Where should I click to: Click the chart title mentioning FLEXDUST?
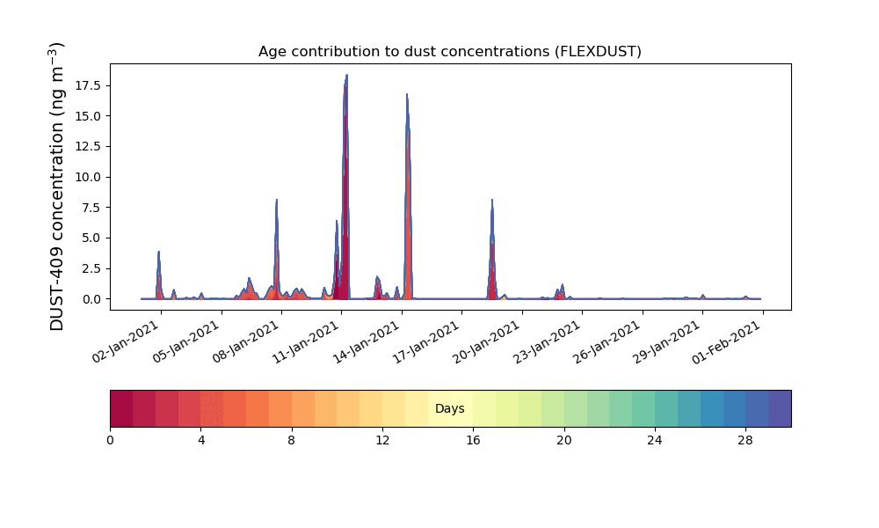449,51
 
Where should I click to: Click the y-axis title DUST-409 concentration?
57,186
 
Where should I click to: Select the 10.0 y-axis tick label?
88,177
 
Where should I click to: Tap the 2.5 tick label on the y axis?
91,268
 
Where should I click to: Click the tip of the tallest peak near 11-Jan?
346,75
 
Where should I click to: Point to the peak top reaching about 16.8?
407,94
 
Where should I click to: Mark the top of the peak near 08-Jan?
277,200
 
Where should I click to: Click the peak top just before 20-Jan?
492,200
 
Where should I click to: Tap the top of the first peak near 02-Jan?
159,252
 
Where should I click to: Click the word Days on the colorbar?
449,408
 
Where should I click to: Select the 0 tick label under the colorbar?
110,439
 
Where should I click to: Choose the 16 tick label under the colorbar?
473,439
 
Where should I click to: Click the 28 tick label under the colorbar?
745,439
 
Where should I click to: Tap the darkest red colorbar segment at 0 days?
121,408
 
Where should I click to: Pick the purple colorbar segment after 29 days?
780,408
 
